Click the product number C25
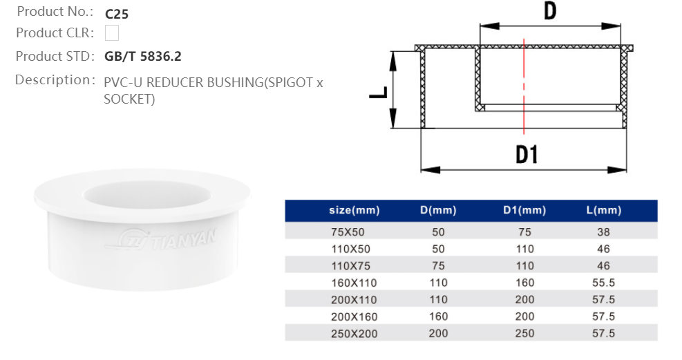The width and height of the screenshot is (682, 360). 116,13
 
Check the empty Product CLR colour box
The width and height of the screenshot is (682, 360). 111,32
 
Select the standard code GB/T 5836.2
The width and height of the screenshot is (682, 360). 142,57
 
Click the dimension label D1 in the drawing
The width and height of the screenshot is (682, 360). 527,154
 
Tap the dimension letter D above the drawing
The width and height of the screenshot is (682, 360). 549,12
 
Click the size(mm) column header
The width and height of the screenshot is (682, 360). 354,211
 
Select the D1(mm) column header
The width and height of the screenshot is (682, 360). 524,211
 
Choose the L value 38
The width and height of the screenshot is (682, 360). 603,232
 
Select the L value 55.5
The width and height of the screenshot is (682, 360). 603,283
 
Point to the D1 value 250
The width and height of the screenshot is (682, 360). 524,333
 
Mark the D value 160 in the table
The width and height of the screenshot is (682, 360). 439,316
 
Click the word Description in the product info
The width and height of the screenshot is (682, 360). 54,80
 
